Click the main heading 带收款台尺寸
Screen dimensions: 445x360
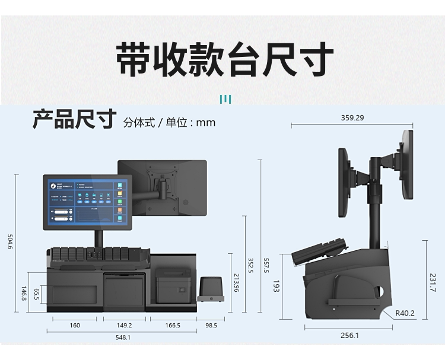tap(224, 59)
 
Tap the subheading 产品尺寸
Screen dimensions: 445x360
tap(74, 119)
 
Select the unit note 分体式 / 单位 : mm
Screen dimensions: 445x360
tap(170, 123)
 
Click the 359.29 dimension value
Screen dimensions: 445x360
tap(352, 117)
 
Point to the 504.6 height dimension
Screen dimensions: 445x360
tap(9, 243)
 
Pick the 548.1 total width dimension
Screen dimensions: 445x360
tap(123, 337)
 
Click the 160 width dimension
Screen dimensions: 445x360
tap(75, 326)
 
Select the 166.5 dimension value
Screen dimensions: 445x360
tap(173, 326)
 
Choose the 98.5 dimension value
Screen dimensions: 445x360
tap(211, 326)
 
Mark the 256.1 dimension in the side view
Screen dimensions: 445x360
tap(349, 336)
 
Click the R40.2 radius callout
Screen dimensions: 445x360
tap(405, 313)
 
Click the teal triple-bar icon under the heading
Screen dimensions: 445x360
tap(225, 99)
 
